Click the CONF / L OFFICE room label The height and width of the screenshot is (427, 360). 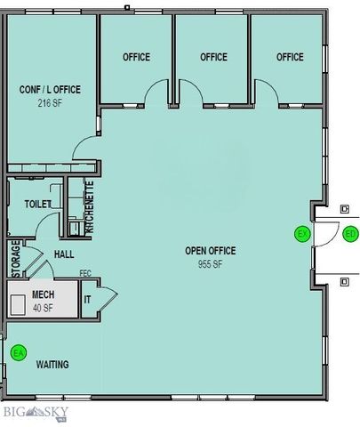52,90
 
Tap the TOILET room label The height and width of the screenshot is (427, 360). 38,204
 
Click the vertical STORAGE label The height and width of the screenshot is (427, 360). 14,259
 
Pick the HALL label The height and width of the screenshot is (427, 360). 63,254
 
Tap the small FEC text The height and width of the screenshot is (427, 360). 85,273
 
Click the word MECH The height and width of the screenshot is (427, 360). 44,294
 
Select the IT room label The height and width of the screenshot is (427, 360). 87,300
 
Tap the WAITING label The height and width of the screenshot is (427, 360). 52,365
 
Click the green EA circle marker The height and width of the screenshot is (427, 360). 18,353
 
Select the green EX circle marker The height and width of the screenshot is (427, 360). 302,234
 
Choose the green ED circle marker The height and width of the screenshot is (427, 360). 350,234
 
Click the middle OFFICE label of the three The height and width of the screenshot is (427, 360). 213,57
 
